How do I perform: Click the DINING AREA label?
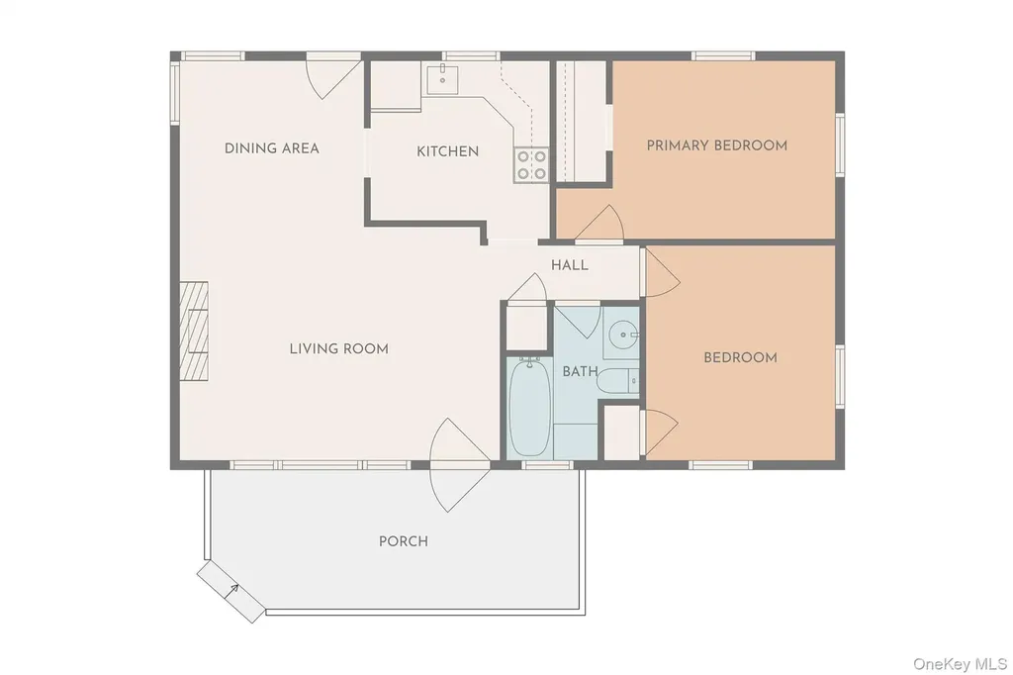(271, 148)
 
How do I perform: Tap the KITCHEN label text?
(448, 151)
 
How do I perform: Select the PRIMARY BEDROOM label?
(717, 145)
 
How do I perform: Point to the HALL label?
(570, 265)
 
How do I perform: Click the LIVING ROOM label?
(339, 349)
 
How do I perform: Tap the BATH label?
(580, 372)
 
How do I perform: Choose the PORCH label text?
(404, 541)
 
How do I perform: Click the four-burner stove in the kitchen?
(531, 165)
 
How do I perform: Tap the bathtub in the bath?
(530, 408)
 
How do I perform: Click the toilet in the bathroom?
(617, 381)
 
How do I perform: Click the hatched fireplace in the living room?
(194, 331)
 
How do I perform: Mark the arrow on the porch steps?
(231, 591)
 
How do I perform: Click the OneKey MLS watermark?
(960, 663)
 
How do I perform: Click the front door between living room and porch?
(460, 465)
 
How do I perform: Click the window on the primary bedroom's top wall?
(723, 56)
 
